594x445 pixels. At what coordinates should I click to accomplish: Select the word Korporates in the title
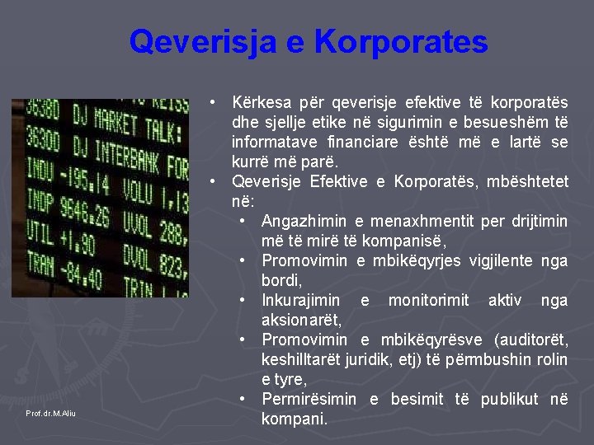pyautogui.click(x=402, y=42)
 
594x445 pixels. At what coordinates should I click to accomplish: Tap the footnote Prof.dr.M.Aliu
pyautogui.click(x=50, y=413)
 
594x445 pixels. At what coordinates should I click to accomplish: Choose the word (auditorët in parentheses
pyautogui.click(x=530, y=340)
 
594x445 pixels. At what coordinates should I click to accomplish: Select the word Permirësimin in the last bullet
pyautogui.click(x=309, y=400)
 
